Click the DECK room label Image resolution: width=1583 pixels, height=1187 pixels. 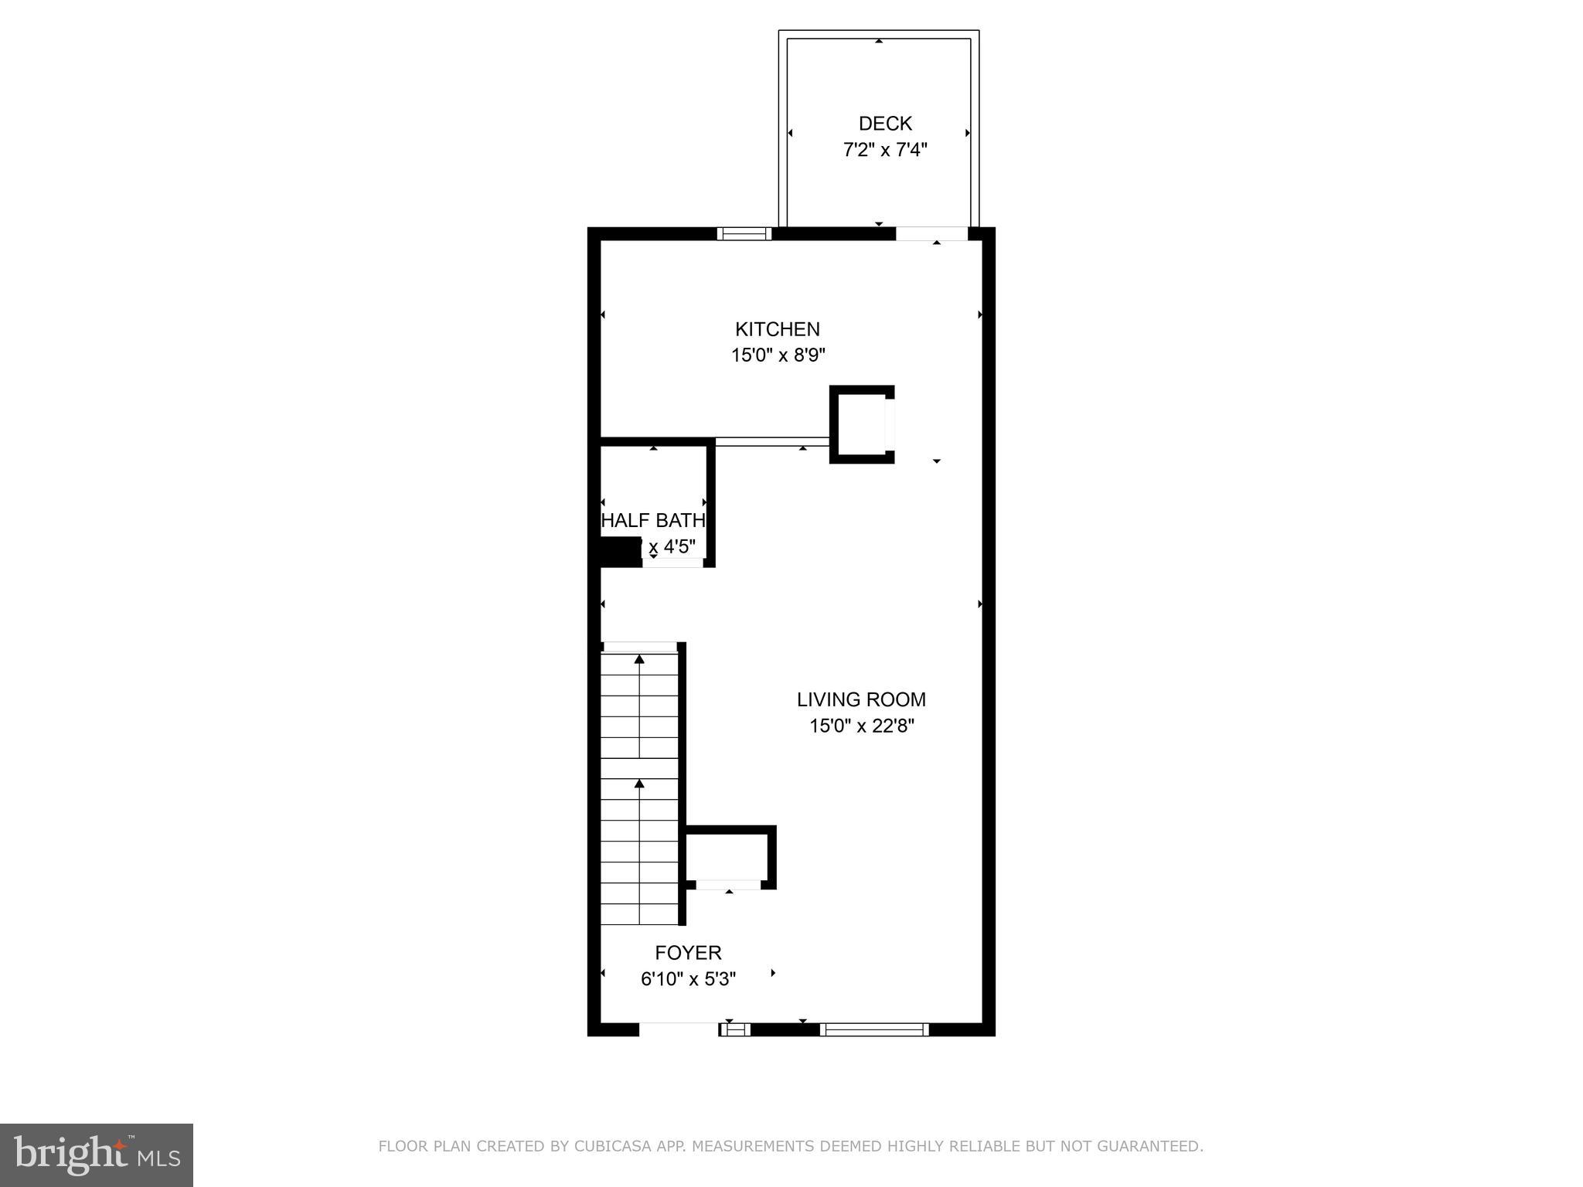pyautogui.click(x=885, y=124)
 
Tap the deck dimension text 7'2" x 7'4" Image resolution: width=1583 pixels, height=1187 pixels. pyautogui.click(x=884, y=150)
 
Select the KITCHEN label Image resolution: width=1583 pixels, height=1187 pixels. pyautogui.click(x=777, y=329)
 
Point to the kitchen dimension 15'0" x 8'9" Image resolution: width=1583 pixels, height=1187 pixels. pyautogui.click(x=778, y=355)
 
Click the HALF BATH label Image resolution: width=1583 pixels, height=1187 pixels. pyautogui.click(x=653, y=520)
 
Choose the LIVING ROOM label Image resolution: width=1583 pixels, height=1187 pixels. pyautogui.click(x=861, y=699)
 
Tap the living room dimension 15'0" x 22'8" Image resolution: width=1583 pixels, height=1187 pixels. pyautogui.click(x=862, y=726)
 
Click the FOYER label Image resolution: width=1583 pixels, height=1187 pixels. pyautogui.click(x=688, y=953)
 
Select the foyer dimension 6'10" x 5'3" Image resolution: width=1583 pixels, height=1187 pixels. pyautogui.click(x=688, y=979)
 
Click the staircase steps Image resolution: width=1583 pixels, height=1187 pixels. pyautogui.click(x=640, y=788)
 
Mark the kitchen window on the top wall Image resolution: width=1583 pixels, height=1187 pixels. pyautogui.click(x=744, y=233)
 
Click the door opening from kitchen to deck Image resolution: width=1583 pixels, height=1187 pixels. pyautogui.click(x=932, y=233)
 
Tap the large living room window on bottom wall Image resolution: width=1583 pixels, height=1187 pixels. pyautogui.click(x=874, y=1029)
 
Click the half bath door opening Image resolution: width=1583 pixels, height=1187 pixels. pyautogui.click(x=672, y=563)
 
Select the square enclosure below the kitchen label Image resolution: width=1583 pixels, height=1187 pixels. pyautogui.click(x=861, y=424)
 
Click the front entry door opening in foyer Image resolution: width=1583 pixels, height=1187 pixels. pyautogui.click(x=678, y=1029)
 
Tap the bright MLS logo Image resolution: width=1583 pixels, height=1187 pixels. pyautogui.click(x=97, y=1155)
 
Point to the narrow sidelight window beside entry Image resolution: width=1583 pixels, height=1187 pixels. pyautogui.click(x=735, y=1029)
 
